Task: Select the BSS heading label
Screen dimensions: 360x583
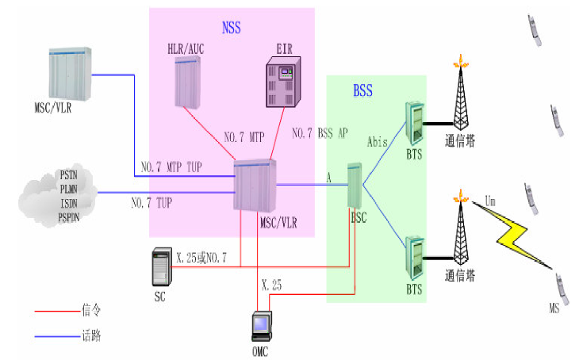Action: [364, 91]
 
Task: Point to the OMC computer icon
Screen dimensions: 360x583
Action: [260, 327]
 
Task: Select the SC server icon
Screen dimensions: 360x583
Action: [161, 268]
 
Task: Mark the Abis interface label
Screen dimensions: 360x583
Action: [378, 143]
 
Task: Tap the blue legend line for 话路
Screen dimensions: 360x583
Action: [56, 336]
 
